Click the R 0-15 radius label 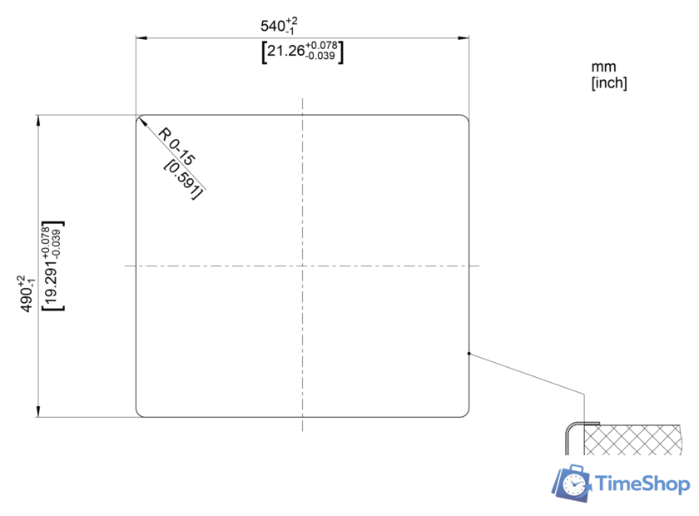177,146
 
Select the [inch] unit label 608,82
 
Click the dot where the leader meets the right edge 469,354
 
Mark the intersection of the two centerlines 303,266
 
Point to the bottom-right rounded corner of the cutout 465,412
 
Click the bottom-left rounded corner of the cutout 139,413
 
